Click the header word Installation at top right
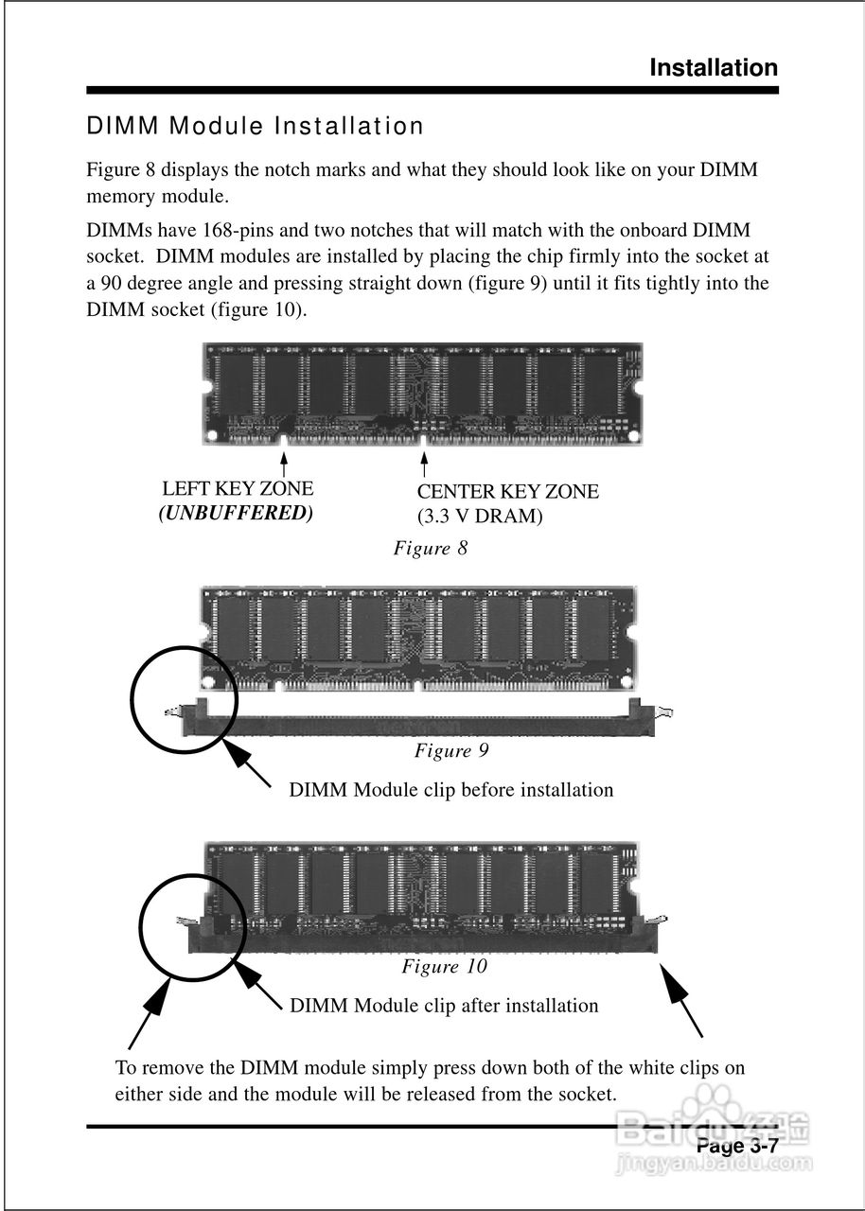tap(714, 68)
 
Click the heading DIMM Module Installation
tap(256, 126)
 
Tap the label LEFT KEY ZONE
tap(238, 489)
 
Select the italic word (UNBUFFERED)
tap(236, 513)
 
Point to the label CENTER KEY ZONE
tap(507, 492)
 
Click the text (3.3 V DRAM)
tap(480, 517)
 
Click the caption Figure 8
tap(431, 549)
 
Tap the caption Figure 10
tap(444, 967)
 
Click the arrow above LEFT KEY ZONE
tap(284, 465)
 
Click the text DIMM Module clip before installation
tap(450, 790)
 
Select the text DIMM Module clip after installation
tap(444, 1006)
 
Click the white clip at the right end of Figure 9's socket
tap(665, 712)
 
